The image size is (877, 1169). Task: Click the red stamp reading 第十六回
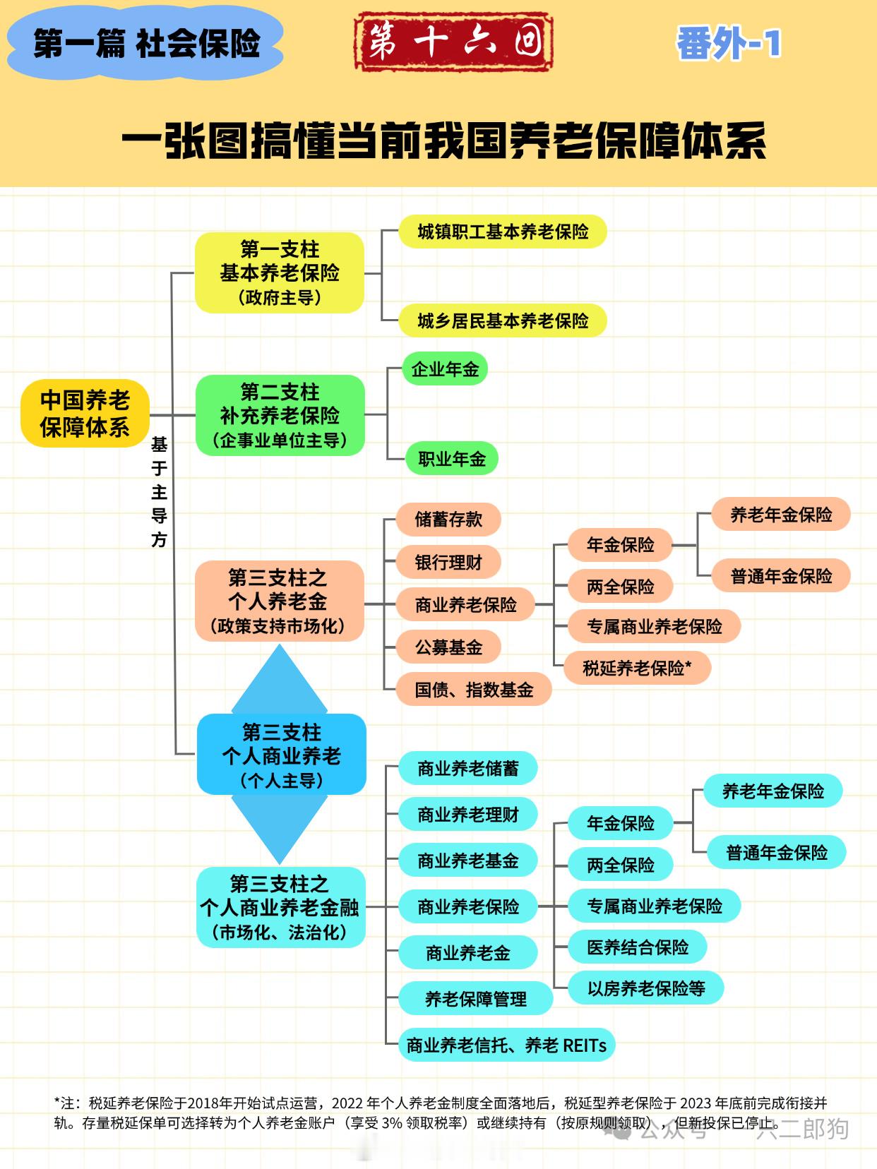453,42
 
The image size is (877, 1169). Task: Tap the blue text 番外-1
728,44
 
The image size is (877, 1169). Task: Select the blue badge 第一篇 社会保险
145,44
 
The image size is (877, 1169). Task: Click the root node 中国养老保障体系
85,414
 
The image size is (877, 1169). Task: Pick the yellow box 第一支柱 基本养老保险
280,272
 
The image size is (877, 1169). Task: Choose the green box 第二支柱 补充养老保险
280,415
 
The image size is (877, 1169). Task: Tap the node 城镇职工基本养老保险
503,232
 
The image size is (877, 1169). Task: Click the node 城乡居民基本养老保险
503,321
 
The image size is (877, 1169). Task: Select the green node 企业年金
445,368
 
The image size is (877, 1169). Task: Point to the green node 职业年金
452,459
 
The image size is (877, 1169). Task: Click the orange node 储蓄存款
448,520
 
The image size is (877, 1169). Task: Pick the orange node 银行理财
448,563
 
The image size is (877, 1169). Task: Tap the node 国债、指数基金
474,690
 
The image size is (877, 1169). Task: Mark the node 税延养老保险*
637,668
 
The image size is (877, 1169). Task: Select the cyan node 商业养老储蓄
468,768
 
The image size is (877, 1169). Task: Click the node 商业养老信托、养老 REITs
506,1045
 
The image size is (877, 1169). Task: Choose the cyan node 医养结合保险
638,947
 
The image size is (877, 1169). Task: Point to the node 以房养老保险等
646,988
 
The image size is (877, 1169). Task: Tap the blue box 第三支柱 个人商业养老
282,755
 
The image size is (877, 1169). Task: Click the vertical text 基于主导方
159,492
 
